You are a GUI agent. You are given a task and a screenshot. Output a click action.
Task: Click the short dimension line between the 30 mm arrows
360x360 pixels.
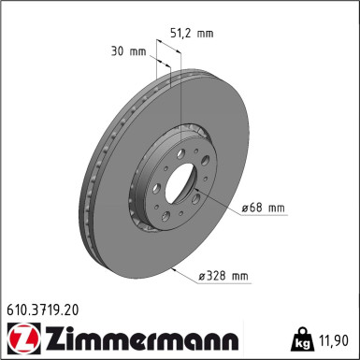158,64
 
